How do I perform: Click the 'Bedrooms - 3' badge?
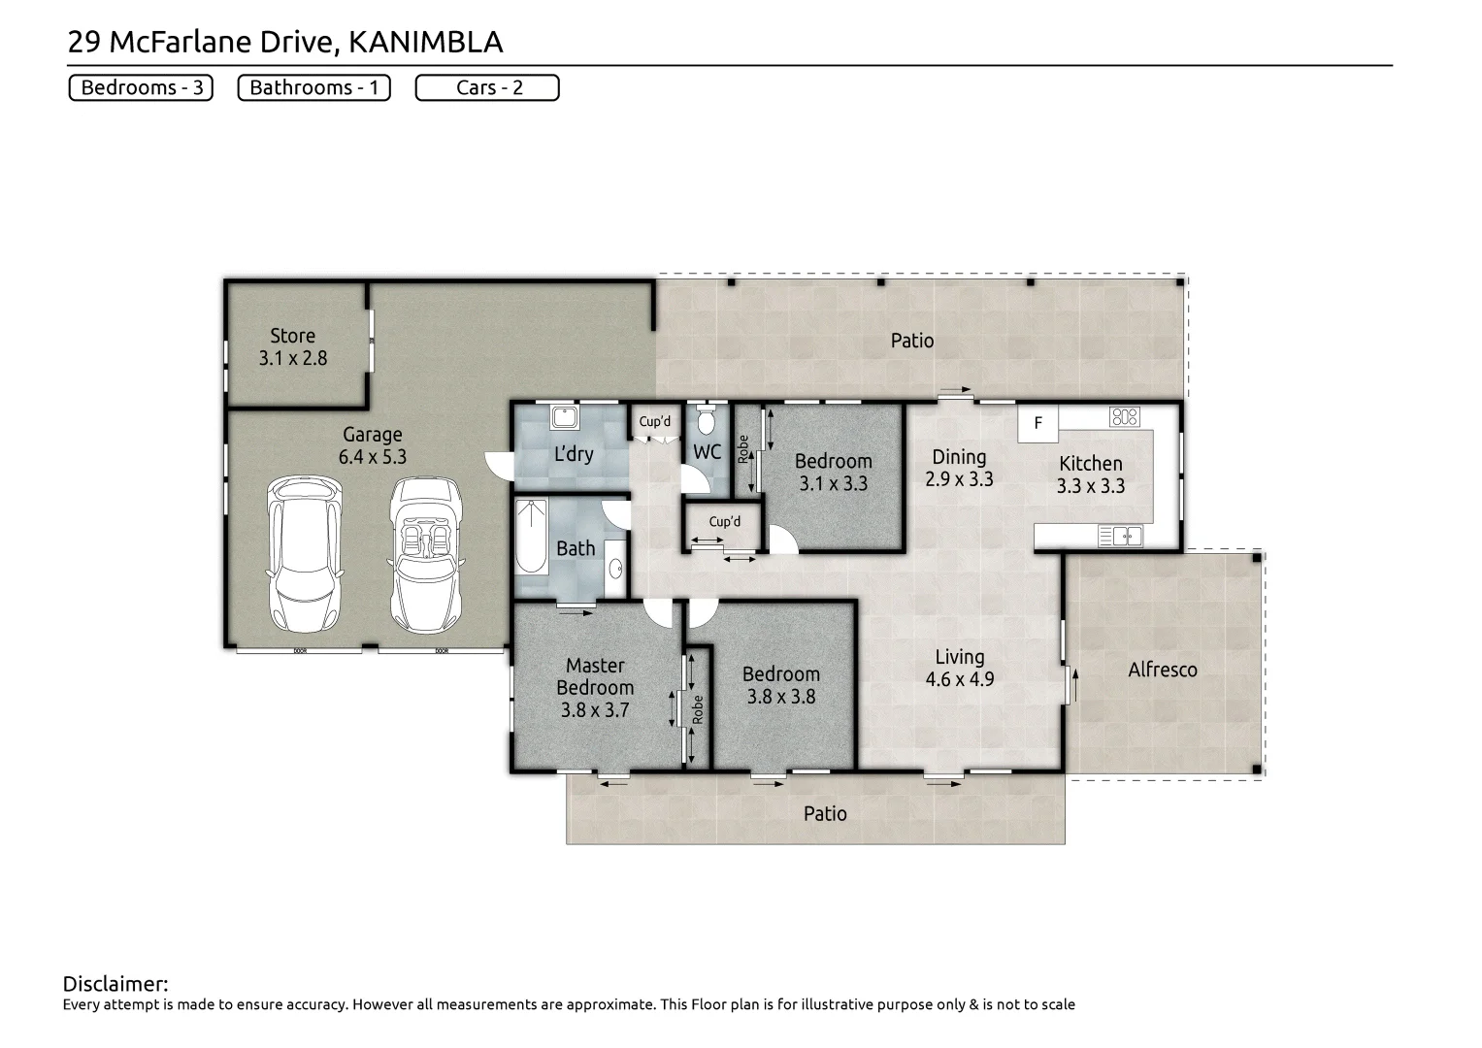tap(141, 87)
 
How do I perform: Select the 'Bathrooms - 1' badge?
tap(313, 87)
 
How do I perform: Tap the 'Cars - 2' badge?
tap(487, 87)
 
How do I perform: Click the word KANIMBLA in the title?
tap(425, 42)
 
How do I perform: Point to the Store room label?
tap(292, 336)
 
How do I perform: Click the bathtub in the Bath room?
tap(531, 537)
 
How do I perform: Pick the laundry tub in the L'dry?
tap(564, 418)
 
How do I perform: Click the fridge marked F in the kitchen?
tap(1037, 423)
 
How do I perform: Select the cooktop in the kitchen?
tap(1124, 417)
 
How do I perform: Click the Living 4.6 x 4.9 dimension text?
tap(959, 679)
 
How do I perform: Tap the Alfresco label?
tap(1162, 670)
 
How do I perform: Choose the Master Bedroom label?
tap(595, 676)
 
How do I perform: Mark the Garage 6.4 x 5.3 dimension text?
tap(372, 457)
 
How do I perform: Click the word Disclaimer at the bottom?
tap(115, 984)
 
